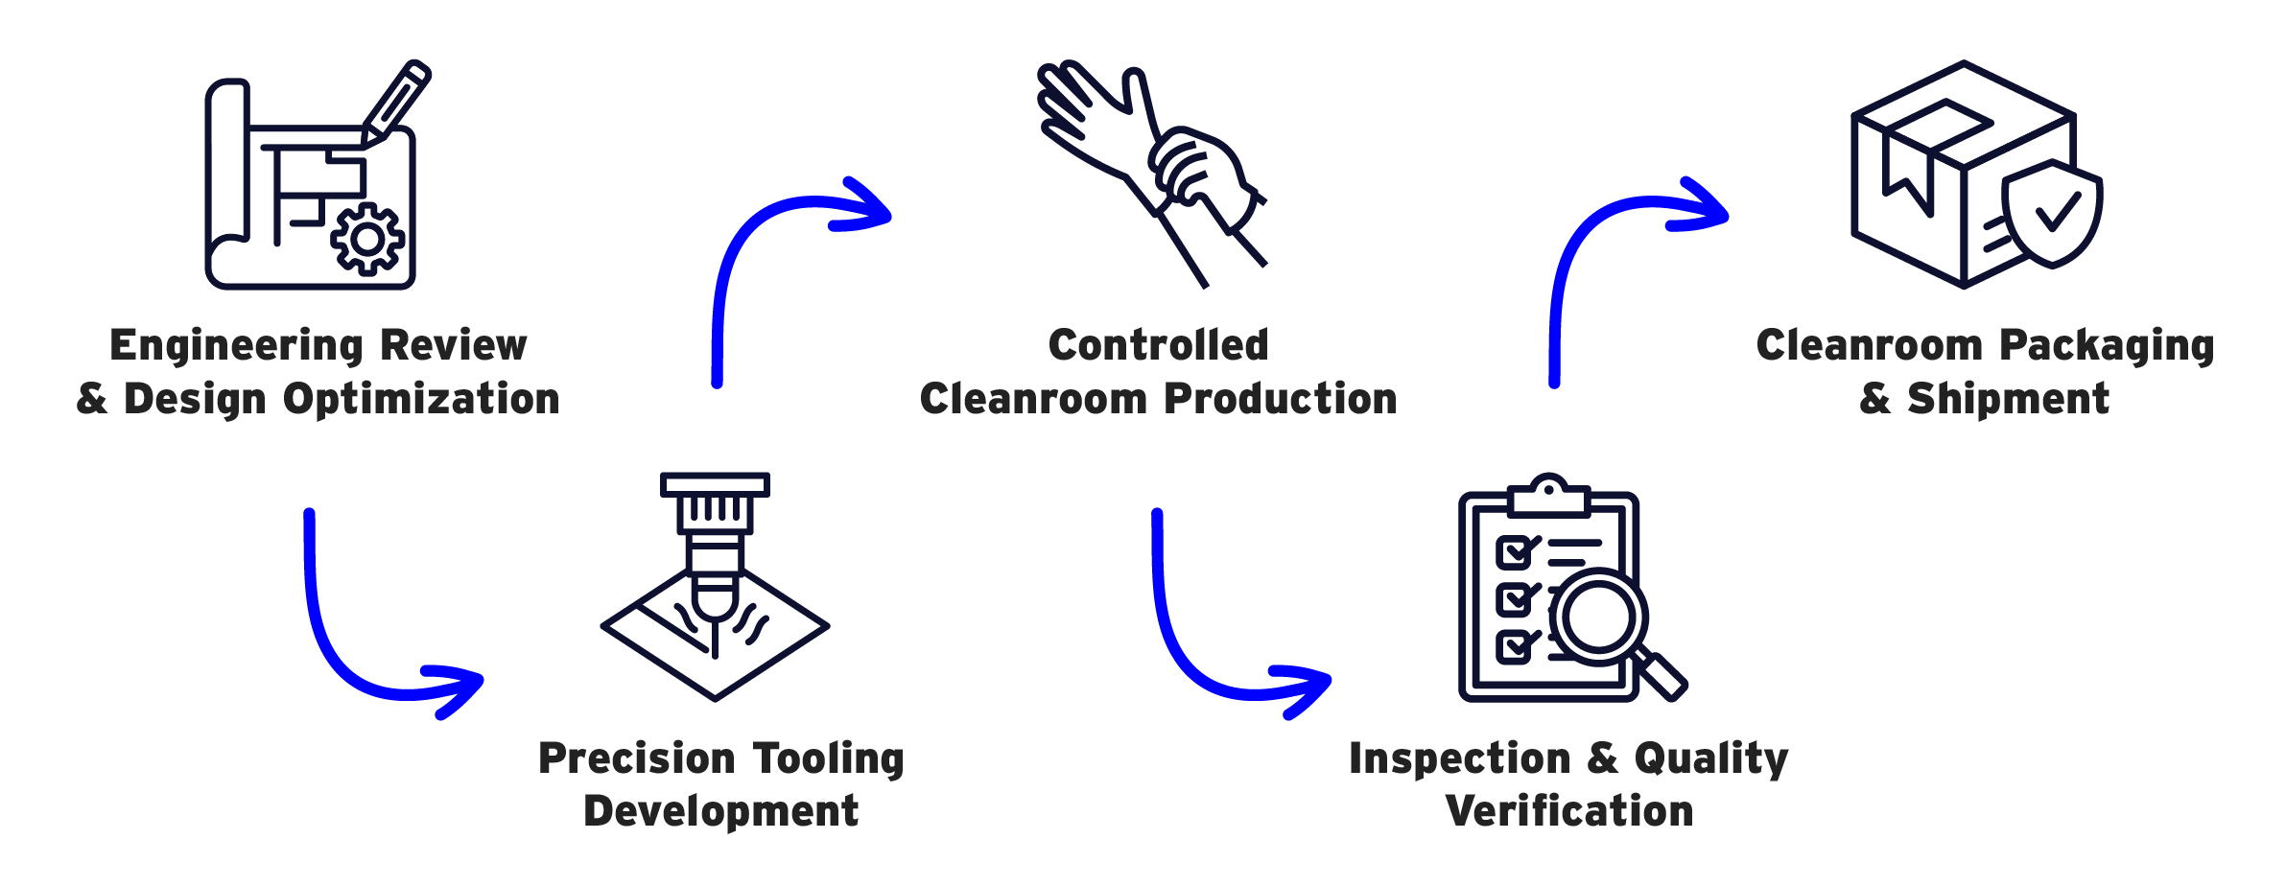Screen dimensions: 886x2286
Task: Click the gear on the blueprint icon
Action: [367, 239]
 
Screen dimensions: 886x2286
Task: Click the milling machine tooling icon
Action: [715, 585]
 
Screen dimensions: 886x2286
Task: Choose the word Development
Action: [720, 811]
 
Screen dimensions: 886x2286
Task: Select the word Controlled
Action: [1158, 345]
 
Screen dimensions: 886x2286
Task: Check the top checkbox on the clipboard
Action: [1514, 552]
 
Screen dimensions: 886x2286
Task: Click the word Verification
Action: [1568, 811]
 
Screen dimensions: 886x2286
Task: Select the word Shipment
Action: [2008, 399]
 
